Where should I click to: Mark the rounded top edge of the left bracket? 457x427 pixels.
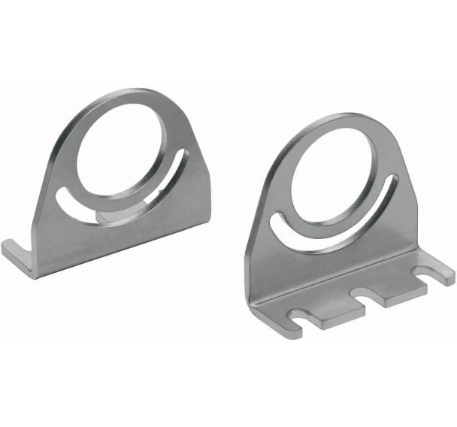point(124,97)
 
